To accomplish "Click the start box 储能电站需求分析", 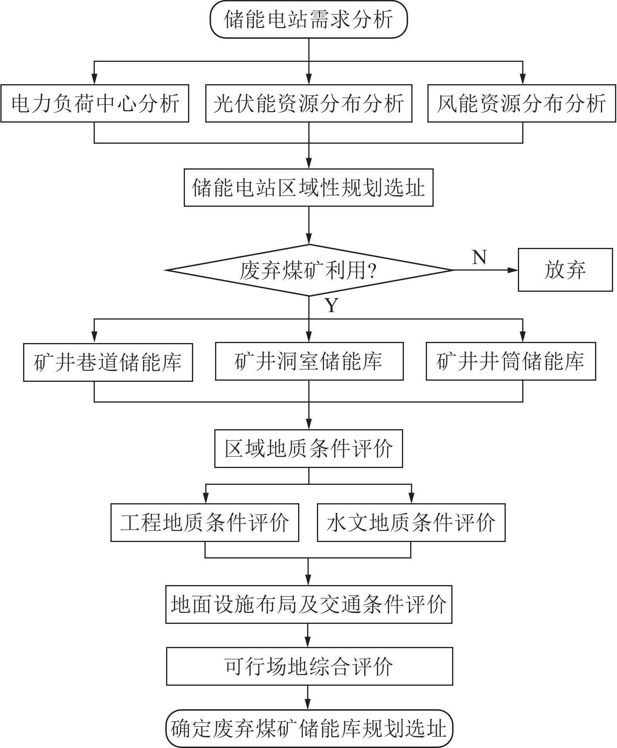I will (309, 20).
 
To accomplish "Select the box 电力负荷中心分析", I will (95, 103).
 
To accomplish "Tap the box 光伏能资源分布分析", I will (309, 103).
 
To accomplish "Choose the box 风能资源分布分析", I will (521, 103).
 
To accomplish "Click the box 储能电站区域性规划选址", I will (309, 188).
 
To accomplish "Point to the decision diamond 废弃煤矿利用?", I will (309, 270).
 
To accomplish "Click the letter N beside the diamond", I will (479, 257).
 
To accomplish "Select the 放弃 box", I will (565, 270).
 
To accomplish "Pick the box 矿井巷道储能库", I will (108, 362).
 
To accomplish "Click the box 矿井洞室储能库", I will (309, 361).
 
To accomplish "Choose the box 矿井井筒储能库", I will (511, 361).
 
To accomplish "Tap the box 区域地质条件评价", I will (309, 448).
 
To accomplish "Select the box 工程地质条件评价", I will (205, 522).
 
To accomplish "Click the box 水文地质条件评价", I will (411, 522).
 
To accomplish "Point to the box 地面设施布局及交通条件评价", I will (309, 604).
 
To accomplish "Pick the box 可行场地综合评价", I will (309, 666).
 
